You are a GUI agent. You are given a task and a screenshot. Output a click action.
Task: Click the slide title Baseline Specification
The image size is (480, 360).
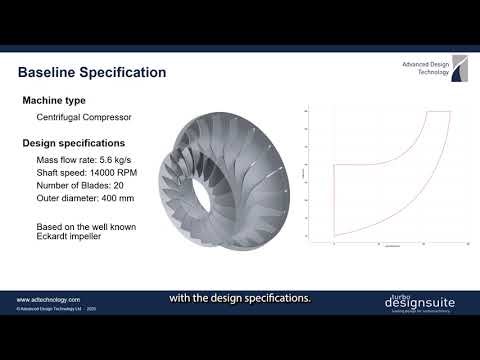coord(92,73)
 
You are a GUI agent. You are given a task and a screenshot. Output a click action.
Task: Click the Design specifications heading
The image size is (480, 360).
coord(73,142)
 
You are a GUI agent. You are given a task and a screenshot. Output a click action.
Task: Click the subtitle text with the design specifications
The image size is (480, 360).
coord(240,297)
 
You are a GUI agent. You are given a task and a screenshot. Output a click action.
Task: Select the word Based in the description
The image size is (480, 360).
coord(50,226)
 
